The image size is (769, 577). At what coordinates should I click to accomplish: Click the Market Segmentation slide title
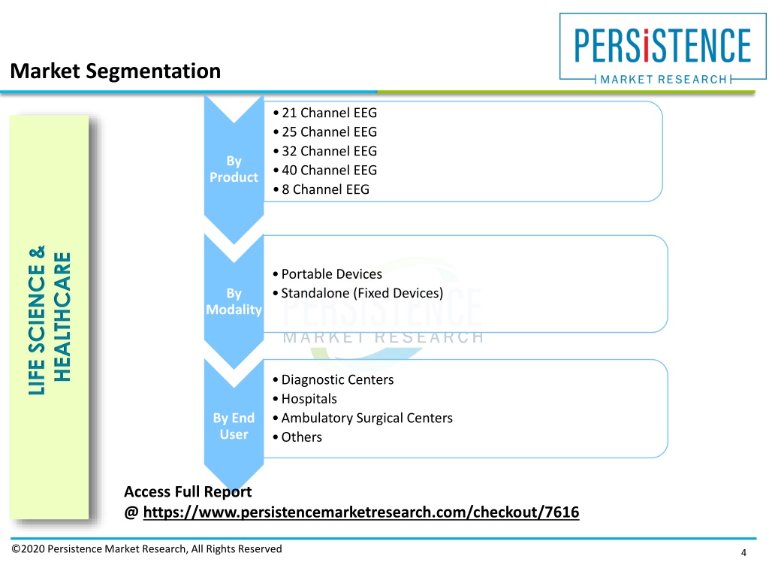click(x=115, y=71)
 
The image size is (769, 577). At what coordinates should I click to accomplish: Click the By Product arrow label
click(x=234, y=169)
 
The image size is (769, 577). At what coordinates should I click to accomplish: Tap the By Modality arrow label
click(x=234, y=301)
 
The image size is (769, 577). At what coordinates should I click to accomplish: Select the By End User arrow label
click(x=234, y=426)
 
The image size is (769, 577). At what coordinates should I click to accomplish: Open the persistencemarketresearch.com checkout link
click(x=361, y=512)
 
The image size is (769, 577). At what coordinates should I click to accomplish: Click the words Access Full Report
click(x=188, y=491)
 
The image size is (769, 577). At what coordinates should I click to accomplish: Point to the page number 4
click(x=743, y=553)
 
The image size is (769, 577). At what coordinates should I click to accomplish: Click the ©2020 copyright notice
click(x=146, y=549)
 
